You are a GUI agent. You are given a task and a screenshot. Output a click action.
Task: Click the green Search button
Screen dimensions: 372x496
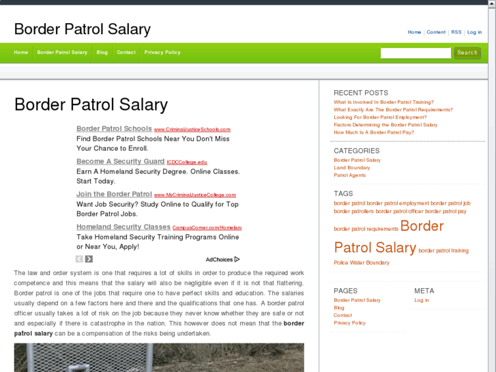467,53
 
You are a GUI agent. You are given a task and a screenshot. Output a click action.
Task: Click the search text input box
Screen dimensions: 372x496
415,53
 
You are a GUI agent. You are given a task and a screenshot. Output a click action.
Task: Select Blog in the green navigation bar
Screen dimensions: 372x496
102,53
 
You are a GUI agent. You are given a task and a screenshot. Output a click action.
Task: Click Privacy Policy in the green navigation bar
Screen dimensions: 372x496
162,53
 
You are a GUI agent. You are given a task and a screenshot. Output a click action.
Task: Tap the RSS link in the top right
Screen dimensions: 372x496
456,32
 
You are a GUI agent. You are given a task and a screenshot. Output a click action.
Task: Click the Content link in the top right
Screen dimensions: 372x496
436,32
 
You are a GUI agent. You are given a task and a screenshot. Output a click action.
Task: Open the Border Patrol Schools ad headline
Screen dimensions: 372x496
114,128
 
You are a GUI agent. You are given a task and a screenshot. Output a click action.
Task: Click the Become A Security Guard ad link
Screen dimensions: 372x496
120,162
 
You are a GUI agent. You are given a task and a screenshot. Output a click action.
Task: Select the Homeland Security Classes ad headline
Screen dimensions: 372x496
123,227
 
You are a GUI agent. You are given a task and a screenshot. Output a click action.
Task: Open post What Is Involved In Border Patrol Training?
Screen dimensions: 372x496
383,102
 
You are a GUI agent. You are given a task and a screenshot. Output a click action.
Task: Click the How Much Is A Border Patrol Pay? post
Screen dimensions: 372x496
374,132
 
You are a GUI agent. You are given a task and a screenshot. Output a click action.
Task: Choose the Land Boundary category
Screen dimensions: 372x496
352,168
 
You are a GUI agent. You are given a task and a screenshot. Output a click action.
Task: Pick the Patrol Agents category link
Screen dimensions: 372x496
349,175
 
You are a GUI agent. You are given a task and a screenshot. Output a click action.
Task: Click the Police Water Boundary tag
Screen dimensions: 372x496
362,263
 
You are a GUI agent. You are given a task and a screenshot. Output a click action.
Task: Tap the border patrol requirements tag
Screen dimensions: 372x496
366,229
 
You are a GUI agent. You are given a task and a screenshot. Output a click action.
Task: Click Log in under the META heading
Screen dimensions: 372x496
422,300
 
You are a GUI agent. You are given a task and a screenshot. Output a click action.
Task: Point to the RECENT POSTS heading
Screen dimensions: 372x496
361,93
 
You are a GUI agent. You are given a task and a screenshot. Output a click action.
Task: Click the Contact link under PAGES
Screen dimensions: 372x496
342,315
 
